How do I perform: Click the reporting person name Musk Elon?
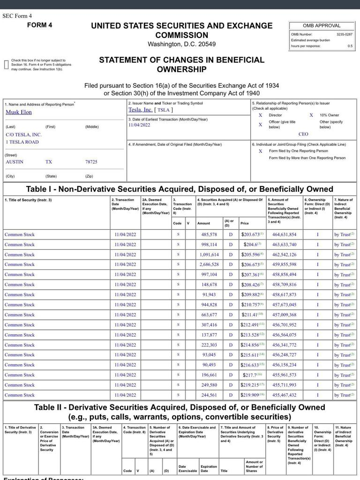tap(19, 112)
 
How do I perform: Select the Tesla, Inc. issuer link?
tap(140, 110)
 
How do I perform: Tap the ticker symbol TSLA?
tap(163, 110)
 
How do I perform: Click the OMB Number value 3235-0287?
tap(344, 34)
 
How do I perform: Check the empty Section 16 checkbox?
tap(7, 65)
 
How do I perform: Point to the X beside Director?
tap(261, 115)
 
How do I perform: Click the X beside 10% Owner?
tap(311, 115)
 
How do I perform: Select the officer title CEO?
tap(303, 134)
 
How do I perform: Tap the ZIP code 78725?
tap(91, 162)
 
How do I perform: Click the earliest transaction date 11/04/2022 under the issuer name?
tap(139, 125)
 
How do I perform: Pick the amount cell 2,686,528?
tap(209, 264)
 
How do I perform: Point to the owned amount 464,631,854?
tap(284, 234)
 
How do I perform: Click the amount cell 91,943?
tap(209, 294)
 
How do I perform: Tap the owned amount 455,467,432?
tap(284, 395)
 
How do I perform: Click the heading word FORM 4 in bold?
tap(40, 25)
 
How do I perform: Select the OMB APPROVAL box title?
tap(322, 26)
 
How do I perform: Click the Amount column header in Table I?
tap(203, 224)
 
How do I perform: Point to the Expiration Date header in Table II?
tap(209, 469)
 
